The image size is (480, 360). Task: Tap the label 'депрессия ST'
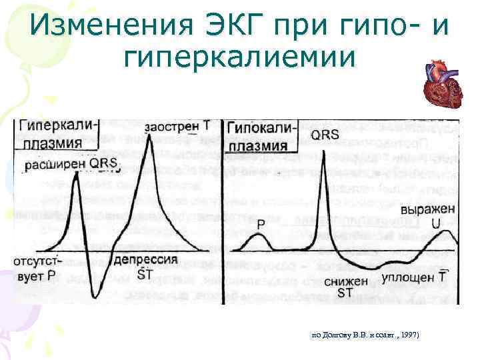pyautogui.click(x=145, y=265)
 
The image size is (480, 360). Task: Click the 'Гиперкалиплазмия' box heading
pyautogui.click(x=59, y=133)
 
